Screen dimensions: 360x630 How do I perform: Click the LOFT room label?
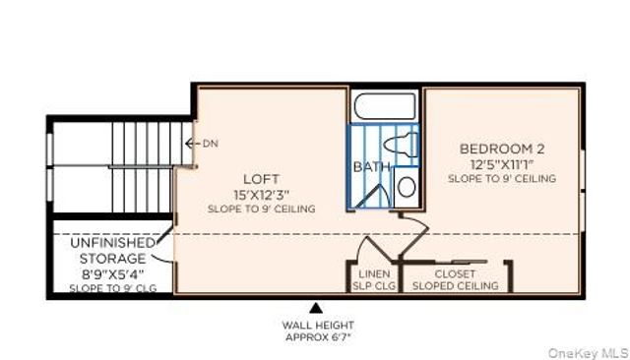click(261, 179)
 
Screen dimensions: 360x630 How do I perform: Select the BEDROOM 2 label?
click(501, 150)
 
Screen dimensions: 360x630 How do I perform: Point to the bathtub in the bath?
click(385, 106)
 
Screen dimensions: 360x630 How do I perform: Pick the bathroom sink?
click(407, 186)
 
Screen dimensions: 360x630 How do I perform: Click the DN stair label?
click(210, 144)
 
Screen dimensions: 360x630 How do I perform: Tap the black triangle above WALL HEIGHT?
click(315, 308)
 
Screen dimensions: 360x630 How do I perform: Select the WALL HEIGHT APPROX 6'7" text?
click(317, 330)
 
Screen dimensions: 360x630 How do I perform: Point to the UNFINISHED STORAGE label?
click(111, 251)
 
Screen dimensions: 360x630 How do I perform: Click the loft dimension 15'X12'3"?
click(261, 194)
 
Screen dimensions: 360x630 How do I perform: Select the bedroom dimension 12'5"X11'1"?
click(501, 164)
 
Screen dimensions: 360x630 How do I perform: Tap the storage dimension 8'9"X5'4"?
click(111, 273)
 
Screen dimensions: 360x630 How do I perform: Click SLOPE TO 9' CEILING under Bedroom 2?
click(501, 179)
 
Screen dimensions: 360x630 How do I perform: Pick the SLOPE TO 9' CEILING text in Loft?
click(261, 209)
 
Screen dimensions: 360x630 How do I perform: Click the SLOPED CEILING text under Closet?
click(455, 285)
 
